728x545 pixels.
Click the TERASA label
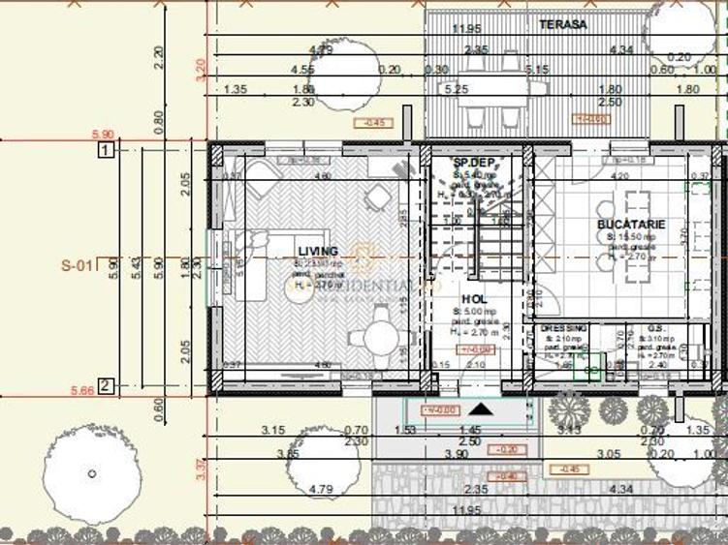coord(563,25)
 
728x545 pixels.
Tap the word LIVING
coord(319,251)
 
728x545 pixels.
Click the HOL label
coord(474,299)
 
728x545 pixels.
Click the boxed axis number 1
coord(106,149)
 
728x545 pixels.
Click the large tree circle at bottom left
coord(90,473)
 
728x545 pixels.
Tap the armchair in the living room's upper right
coord(377,198)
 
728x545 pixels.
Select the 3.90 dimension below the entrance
coord(469,453)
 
